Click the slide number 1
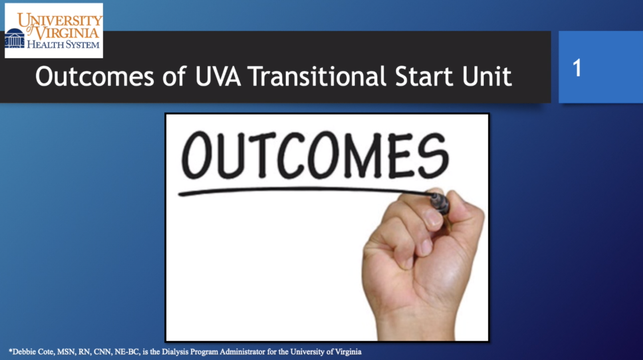tap(577, 68)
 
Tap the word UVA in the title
tap(218, 77)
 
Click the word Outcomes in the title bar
tap(95, 77)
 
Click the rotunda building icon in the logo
tap(15, 38)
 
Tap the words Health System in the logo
tap(63, 45)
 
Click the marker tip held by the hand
tap(439, 202)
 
